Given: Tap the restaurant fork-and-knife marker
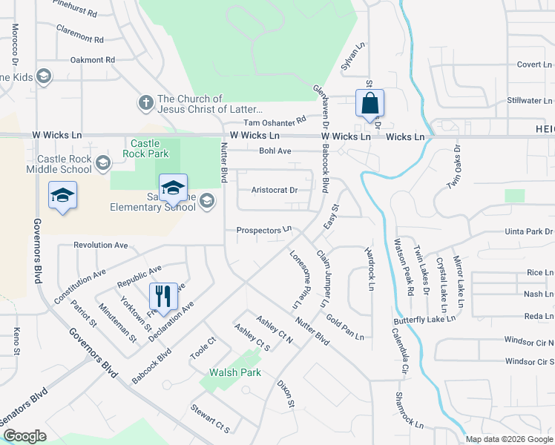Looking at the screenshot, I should (x=163, y=296).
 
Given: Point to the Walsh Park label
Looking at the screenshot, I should (x=235, y=372).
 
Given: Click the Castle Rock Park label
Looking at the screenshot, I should (x=150, y=148).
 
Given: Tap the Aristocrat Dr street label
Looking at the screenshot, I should (x=275, y=190).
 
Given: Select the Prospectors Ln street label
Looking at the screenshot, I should (x=263, y=231).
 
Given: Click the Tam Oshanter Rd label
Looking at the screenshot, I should (x=275, y=121).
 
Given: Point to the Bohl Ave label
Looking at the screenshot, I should (x=275, y=151).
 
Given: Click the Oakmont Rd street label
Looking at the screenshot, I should (x=93, y=59).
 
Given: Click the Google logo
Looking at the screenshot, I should (x=25, y=436).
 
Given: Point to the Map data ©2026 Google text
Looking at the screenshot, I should (x=510, y=439).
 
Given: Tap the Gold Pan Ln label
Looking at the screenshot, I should (x=345, y=326).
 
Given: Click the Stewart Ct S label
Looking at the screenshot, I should (x=210, y=418).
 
